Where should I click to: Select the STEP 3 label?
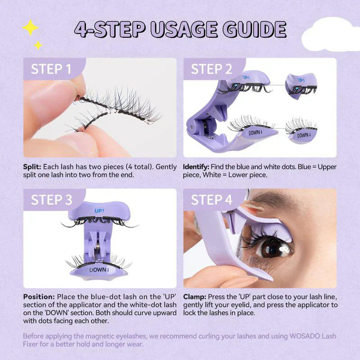point(51,200)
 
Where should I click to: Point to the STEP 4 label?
point(211,200)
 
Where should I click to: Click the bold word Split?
point(32,167)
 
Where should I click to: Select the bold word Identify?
point(198,167)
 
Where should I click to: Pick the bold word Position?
point(39,297)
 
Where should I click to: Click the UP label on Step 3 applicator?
point(99,210)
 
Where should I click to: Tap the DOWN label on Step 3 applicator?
point(98,270)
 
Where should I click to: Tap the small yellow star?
point(38,45)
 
